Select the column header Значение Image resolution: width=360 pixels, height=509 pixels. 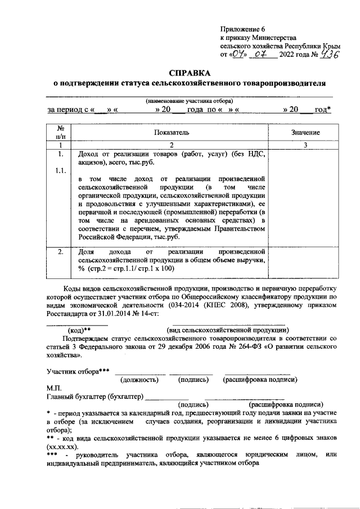[x=305, y=132]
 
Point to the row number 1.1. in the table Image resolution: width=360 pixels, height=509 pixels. [x=61, y=171]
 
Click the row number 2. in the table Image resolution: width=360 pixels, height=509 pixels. [x=61, y=252]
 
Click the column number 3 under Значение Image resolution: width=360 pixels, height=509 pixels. [x=305, y=145]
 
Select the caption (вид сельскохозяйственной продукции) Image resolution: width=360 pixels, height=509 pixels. [x=228, y=330]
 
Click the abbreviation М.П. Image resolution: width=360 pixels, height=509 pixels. [x=55, y=388]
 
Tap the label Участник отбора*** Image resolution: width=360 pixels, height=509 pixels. [x=78, y=371]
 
